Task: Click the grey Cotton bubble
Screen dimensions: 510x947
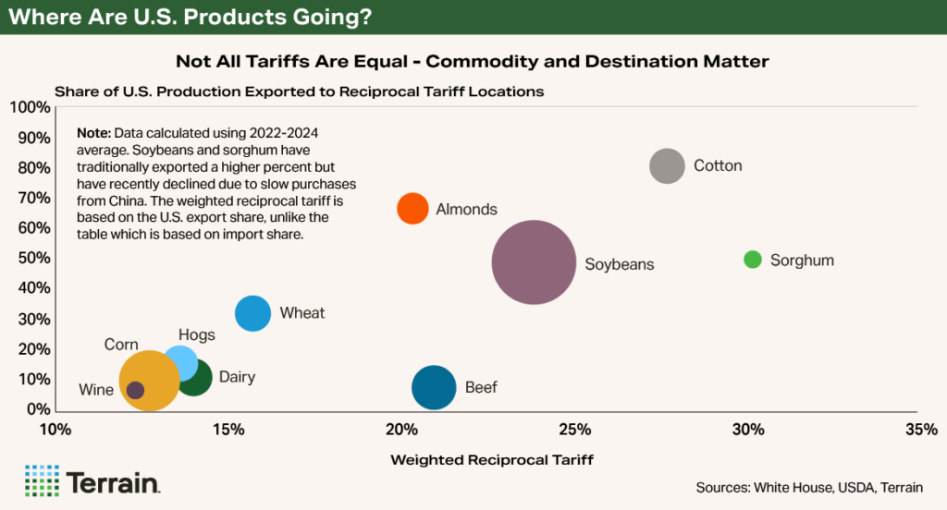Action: (x=667, y=166)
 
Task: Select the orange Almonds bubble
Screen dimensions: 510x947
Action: (x=412, y=209)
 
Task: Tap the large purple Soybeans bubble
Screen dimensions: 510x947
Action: (x=533, y=262)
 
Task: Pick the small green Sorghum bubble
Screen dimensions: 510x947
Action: (x=753, y=260)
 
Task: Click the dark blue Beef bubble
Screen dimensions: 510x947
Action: (x=434, y=387)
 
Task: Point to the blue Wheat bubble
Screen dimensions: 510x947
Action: (x=252, y=313)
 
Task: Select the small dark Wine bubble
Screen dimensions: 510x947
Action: (x=136, y=390)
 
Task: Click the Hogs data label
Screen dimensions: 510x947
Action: (x=196, y=335)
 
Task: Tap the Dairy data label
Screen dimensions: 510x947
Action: (x=237, y=377)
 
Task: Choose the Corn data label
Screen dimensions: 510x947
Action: (x=121, y=345)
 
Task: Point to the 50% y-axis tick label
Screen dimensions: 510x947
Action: (x=34, y=259)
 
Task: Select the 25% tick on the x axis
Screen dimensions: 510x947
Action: (x=575, y=430)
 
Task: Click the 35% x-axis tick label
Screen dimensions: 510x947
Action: (x=921, y=430)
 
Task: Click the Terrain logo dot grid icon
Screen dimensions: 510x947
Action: (x=42, y=481)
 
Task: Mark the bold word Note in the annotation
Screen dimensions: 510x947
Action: (x=94, y=133)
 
